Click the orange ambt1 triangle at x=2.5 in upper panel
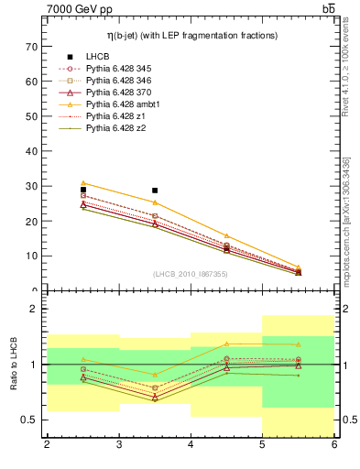pyautogui.click(x=83, y=183)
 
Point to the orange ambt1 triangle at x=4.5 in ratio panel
pyautogui.click(x=226, y=344)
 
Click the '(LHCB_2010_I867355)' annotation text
pyautogui.click(x=191, y=273)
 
